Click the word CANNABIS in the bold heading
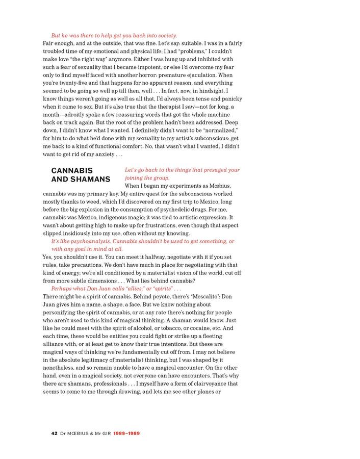(x=72, y=170)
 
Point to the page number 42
(x=54, y=433)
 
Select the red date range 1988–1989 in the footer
(x=126, y=433)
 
